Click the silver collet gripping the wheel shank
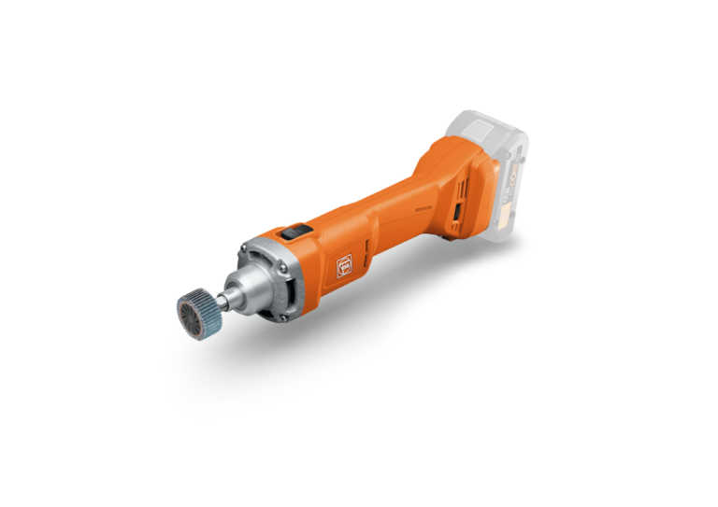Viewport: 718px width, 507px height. click(229, 298)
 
